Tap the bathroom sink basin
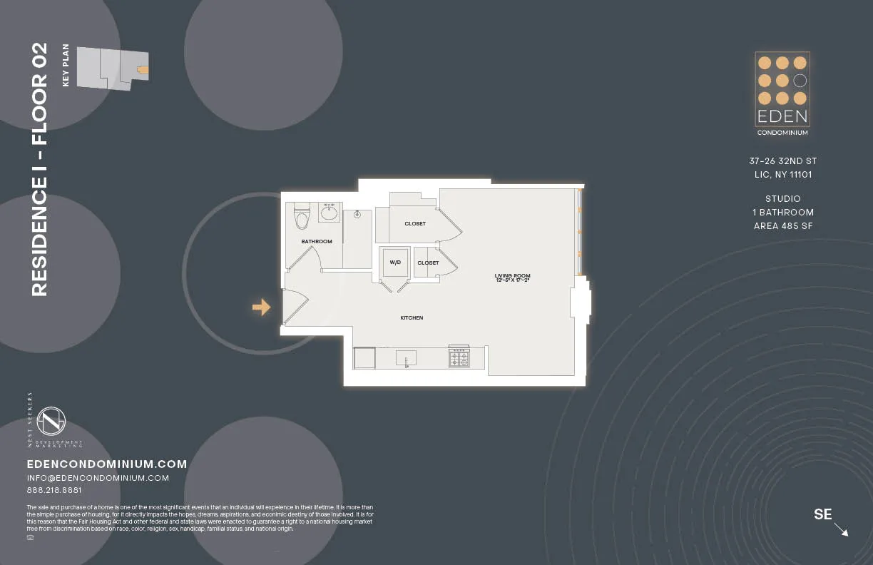point(329,213)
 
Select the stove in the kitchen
point(459,357)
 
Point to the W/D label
point(394,263)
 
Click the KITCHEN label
point(412,317)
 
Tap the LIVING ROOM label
point(512,275)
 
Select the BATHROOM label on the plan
point(317,241)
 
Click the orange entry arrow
point(261,307)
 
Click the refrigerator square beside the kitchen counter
point(364,357)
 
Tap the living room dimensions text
point(512,281)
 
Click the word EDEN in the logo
point(782,116)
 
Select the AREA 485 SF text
point(782,226)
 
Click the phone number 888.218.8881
point(54,490)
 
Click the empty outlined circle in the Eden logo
point(800,81)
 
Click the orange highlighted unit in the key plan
point(143,69)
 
